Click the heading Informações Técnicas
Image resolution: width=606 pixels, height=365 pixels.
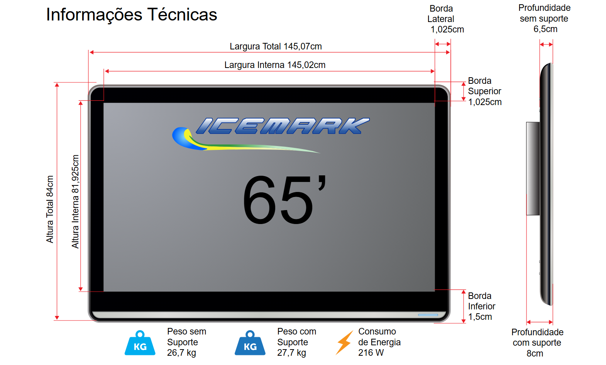pos(131,15)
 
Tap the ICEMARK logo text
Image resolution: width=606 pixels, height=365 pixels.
pos(282,126)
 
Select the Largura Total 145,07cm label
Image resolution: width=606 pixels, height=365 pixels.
pos(276,46)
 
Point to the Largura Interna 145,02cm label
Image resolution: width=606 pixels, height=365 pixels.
pos(275,65)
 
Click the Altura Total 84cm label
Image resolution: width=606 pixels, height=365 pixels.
pos(50,209)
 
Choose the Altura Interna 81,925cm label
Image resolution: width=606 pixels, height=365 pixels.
pos(75,201)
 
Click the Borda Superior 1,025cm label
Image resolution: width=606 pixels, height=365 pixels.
pos(485,91)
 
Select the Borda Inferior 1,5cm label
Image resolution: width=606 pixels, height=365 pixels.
pos(481,306)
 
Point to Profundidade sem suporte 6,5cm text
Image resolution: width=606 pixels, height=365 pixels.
pos(544,19)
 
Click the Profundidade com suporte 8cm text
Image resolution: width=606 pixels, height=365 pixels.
pos(537,343)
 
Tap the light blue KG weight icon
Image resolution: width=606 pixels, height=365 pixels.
pos(140,343)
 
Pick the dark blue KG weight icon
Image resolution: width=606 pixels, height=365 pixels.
pos(250,343)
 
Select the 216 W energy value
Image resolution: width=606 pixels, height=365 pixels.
pos(371,353)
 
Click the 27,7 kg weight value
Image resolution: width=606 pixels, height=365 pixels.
pos(291,353)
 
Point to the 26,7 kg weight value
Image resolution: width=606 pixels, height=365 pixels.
pos(181,353)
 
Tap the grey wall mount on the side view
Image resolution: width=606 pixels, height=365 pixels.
pos(533,168)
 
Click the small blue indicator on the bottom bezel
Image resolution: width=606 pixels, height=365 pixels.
pos(428,315)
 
